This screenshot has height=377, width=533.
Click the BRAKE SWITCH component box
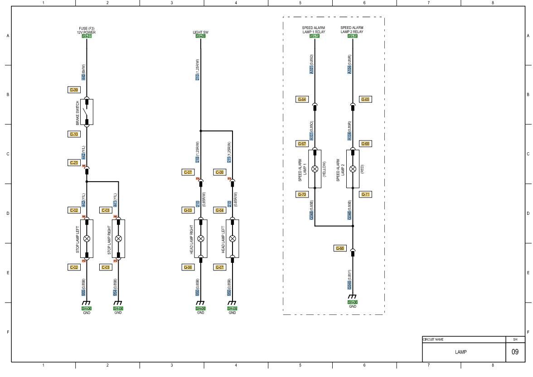coord(87,111)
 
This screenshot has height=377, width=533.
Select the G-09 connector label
coord(73,90)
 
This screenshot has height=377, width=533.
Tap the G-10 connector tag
coord(73,134)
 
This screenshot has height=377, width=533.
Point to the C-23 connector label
coord(73,162)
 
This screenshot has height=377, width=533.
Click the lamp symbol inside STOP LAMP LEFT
coord(87,238)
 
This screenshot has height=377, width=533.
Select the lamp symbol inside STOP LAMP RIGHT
coord(118,238)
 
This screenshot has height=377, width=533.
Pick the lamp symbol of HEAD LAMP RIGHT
coord(201,238)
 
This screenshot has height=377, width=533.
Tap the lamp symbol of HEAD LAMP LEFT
coord(233,238)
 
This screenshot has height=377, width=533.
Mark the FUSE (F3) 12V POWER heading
coord(87,30)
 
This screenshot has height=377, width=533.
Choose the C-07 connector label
coord(187,172)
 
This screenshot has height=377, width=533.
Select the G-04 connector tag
coord(219,210)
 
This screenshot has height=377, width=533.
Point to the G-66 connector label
coord(339,248)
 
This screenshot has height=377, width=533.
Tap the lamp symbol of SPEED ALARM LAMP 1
coord(315,169)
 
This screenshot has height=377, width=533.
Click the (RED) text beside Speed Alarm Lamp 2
coord(362,169)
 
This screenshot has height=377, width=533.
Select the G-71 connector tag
coord(365,194)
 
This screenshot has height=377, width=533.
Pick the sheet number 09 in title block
coord(515,351)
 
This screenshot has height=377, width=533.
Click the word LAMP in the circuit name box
coord(461,351)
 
